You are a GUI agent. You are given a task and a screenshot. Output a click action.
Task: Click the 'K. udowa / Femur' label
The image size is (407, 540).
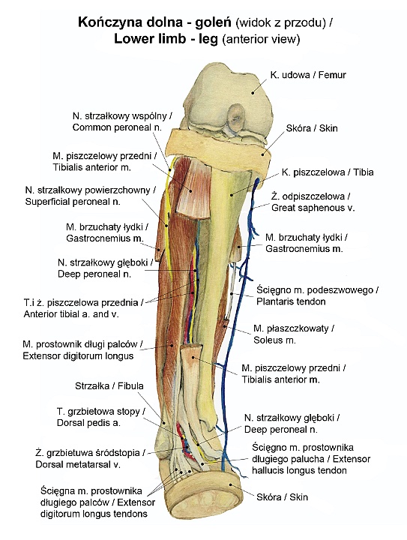(308, 75)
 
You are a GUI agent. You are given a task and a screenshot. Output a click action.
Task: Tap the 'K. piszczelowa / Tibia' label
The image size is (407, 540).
(328, 172)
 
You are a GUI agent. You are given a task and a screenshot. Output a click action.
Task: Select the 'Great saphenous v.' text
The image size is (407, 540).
(313, 208)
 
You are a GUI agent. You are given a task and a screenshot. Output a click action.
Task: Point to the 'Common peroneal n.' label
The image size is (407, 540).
(117, 127)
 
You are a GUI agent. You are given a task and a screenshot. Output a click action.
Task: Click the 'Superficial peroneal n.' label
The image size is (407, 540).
(73, 202)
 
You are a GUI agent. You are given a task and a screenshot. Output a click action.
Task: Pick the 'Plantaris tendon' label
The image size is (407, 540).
(291, 301)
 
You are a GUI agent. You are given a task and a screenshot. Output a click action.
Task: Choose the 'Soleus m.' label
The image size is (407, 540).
(274, 340)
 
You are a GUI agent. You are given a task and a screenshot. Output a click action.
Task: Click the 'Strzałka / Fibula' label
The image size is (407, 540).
(109, 385)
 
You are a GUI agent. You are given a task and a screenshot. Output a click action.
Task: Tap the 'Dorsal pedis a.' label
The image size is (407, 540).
(88, 423)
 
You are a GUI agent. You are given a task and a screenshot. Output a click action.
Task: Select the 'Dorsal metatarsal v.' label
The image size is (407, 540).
(78, 464)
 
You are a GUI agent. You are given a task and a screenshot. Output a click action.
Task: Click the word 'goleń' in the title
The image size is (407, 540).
(213, 22)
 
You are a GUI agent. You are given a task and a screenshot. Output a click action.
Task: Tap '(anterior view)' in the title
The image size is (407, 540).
(261, 39)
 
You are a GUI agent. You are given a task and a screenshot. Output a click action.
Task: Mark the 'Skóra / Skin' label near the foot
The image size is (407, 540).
(282, 497)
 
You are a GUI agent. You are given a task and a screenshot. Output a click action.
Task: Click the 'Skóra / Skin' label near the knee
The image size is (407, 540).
(312, 128)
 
